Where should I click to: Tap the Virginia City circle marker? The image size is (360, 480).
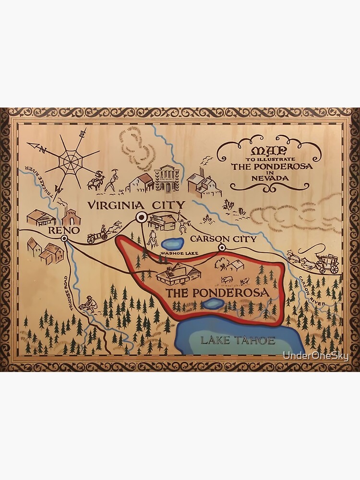[x=141, y=217]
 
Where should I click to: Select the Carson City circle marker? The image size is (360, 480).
[x=222, y=248]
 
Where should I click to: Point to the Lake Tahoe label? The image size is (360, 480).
[x=238, y=340]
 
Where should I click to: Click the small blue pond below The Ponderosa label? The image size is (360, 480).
[x=213, y=303]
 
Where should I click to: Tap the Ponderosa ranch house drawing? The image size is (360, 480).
[x=178, y=274]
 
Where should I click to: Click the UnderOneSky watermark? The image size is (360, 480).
[x=315, y=356]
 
